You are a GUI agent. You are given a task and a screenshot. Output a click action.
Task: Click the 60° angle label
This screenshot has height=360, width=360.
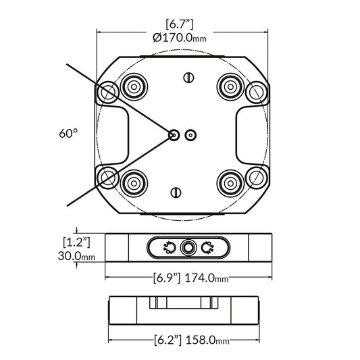point(68,134)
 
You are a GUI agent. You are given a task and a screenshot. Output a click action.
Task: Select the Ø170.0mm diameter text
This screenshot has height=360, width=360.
point(180,38)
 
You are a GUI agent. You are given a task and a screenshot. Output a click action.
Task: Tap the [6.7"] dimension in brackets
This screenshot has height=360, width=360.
point(180,24)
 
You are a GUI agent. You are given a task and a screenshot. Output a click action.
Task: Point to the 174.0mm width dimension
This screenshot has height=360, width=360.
point(207,278)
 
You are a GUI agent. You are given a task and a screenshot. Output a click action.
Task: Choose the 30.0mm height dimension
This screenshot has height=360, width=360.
point(75,257)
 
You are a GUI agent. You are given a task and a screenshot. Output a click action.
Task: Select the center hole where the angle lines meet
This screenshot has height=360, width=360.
point(175,134)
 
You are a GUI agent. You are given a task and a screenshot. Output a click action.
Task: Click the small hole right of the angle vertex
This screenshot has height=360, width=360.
point(191,134)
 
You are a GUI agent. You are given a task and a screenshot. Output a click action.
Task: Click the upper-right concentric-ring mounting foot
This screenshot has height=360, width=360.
point(228,87)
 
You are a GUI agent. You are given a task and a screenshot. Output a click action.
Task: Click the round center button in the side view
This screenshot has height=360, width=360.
point(188,249)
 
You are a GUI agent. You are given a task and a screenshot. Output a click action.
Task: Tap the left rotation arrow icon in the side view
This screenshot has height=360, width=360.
point(169,249)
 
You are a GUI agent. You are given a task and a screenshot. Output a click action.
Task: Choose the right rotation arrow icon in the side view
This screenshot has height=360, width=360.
point(207,249)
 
